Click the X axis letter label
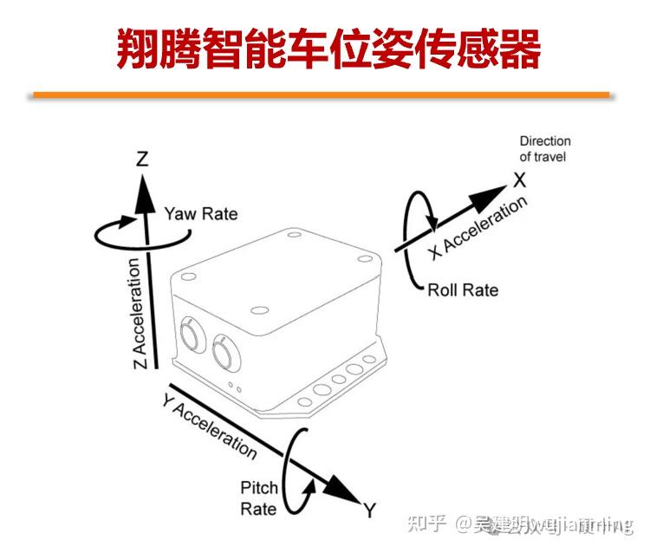pyautogui.click(x=518, y=180)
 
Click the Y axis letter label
pyautogui.click(x=370, y=510)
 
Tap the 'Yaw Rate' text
pyautogui.click(x=200, y=213)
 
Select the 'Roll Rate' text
pyautogui.click(x=463, y=290)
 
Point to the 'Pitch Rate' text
pyautogui.click(x=258, y=498)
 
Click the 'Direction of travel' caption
pyautogui.click(x=544, y=148)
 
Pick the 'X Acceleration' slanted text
pyautogui.click(x=478, y=227)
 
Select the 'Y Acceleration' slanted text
pyautogui.click(x=209, y=425)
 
